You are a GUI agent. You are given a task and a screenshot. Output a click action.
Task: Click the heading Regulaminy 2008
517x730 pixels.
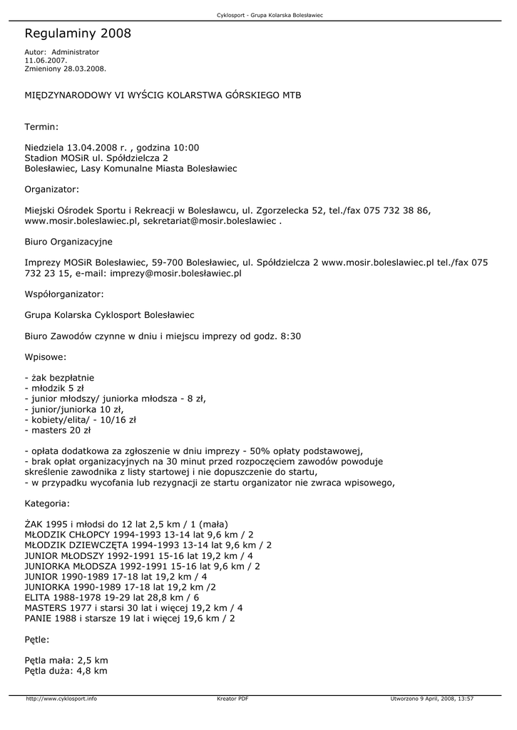78,34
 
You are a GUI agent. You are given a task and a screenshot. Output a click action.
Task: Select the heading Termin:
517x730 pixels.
41,127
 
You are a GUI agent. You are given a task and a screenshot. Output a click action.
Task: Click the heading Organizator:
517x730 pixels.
52,190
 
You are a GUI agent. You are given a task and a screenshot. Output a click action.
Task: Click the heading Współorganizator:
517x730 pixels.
64,294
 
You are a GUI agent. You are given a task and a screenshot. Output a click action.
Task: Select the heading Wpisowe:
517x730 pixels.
46,356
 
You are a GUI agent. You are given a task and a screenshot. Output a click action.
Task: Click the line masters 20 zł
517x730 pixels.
58,430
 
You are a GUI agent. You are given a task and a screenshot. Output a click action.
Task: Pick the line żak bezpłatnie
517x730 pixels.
59,377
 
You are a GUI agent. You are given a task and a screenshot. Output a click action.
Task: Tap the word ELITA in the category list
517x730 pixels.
38,597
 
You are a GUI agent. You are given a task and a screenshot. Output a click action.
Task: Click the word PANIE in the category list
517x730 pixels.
39,619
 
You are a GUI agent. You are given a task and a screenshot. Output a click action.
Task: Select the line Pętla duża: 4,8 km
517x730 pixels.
66,671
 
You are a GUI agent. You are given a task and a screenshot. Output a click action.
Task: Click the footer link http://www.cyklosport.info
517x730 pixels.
61,699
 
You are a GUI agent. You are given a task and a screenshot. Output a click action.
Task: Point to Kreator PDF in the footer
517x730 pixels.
232,699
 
